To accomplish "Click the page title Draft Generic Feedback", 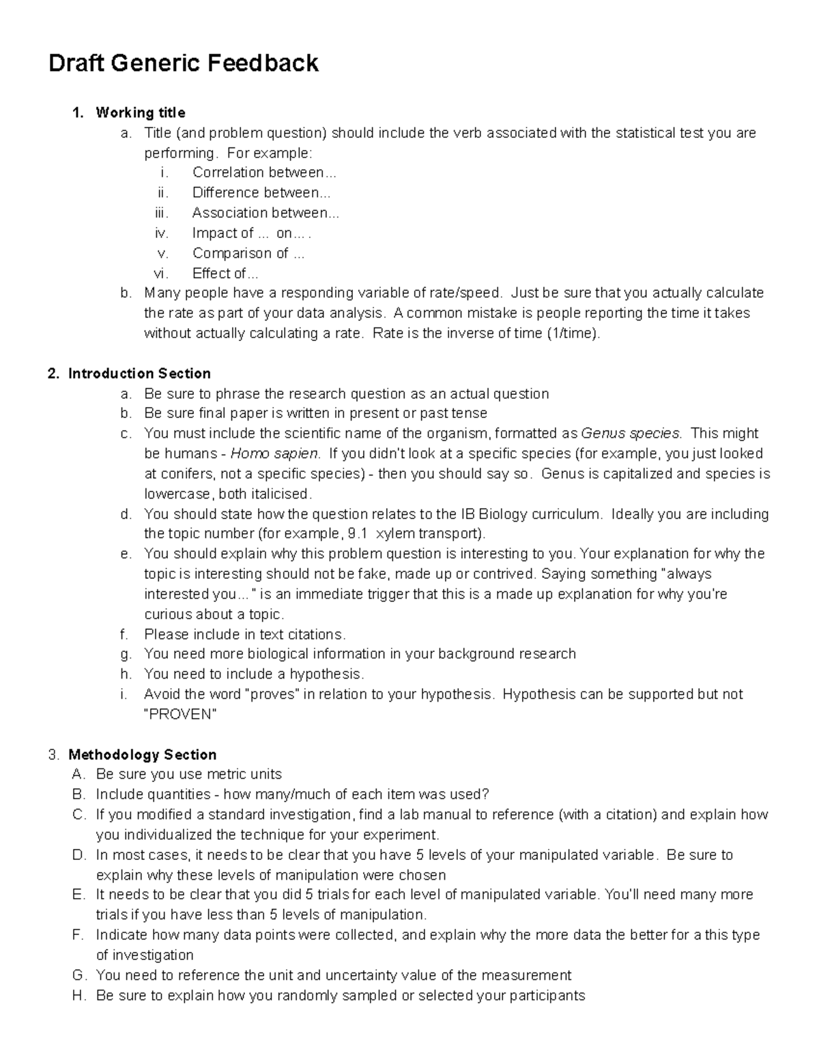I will pos(183,63).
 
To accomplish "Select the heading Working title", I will pos(140,113).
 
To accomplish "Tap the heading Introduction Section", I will pos(139,374).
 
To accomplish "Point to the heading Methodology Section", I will pos(142,755).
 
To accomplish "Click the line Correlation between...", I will pos(264,173).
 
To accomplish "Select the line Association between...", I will pos(265,213).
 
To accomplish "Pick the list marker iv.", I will pos(162,233).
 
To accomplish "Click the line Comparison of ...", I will pos(248,254).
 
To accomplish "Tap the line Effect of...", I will pos(225,273).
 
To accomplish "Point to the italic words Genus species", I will pos(630,434).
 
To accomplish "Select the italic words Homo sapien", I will pos(274,454).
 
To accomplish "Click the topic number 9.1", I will pos(358,534).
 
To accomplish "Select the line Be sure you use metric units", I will pos(188,775).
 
